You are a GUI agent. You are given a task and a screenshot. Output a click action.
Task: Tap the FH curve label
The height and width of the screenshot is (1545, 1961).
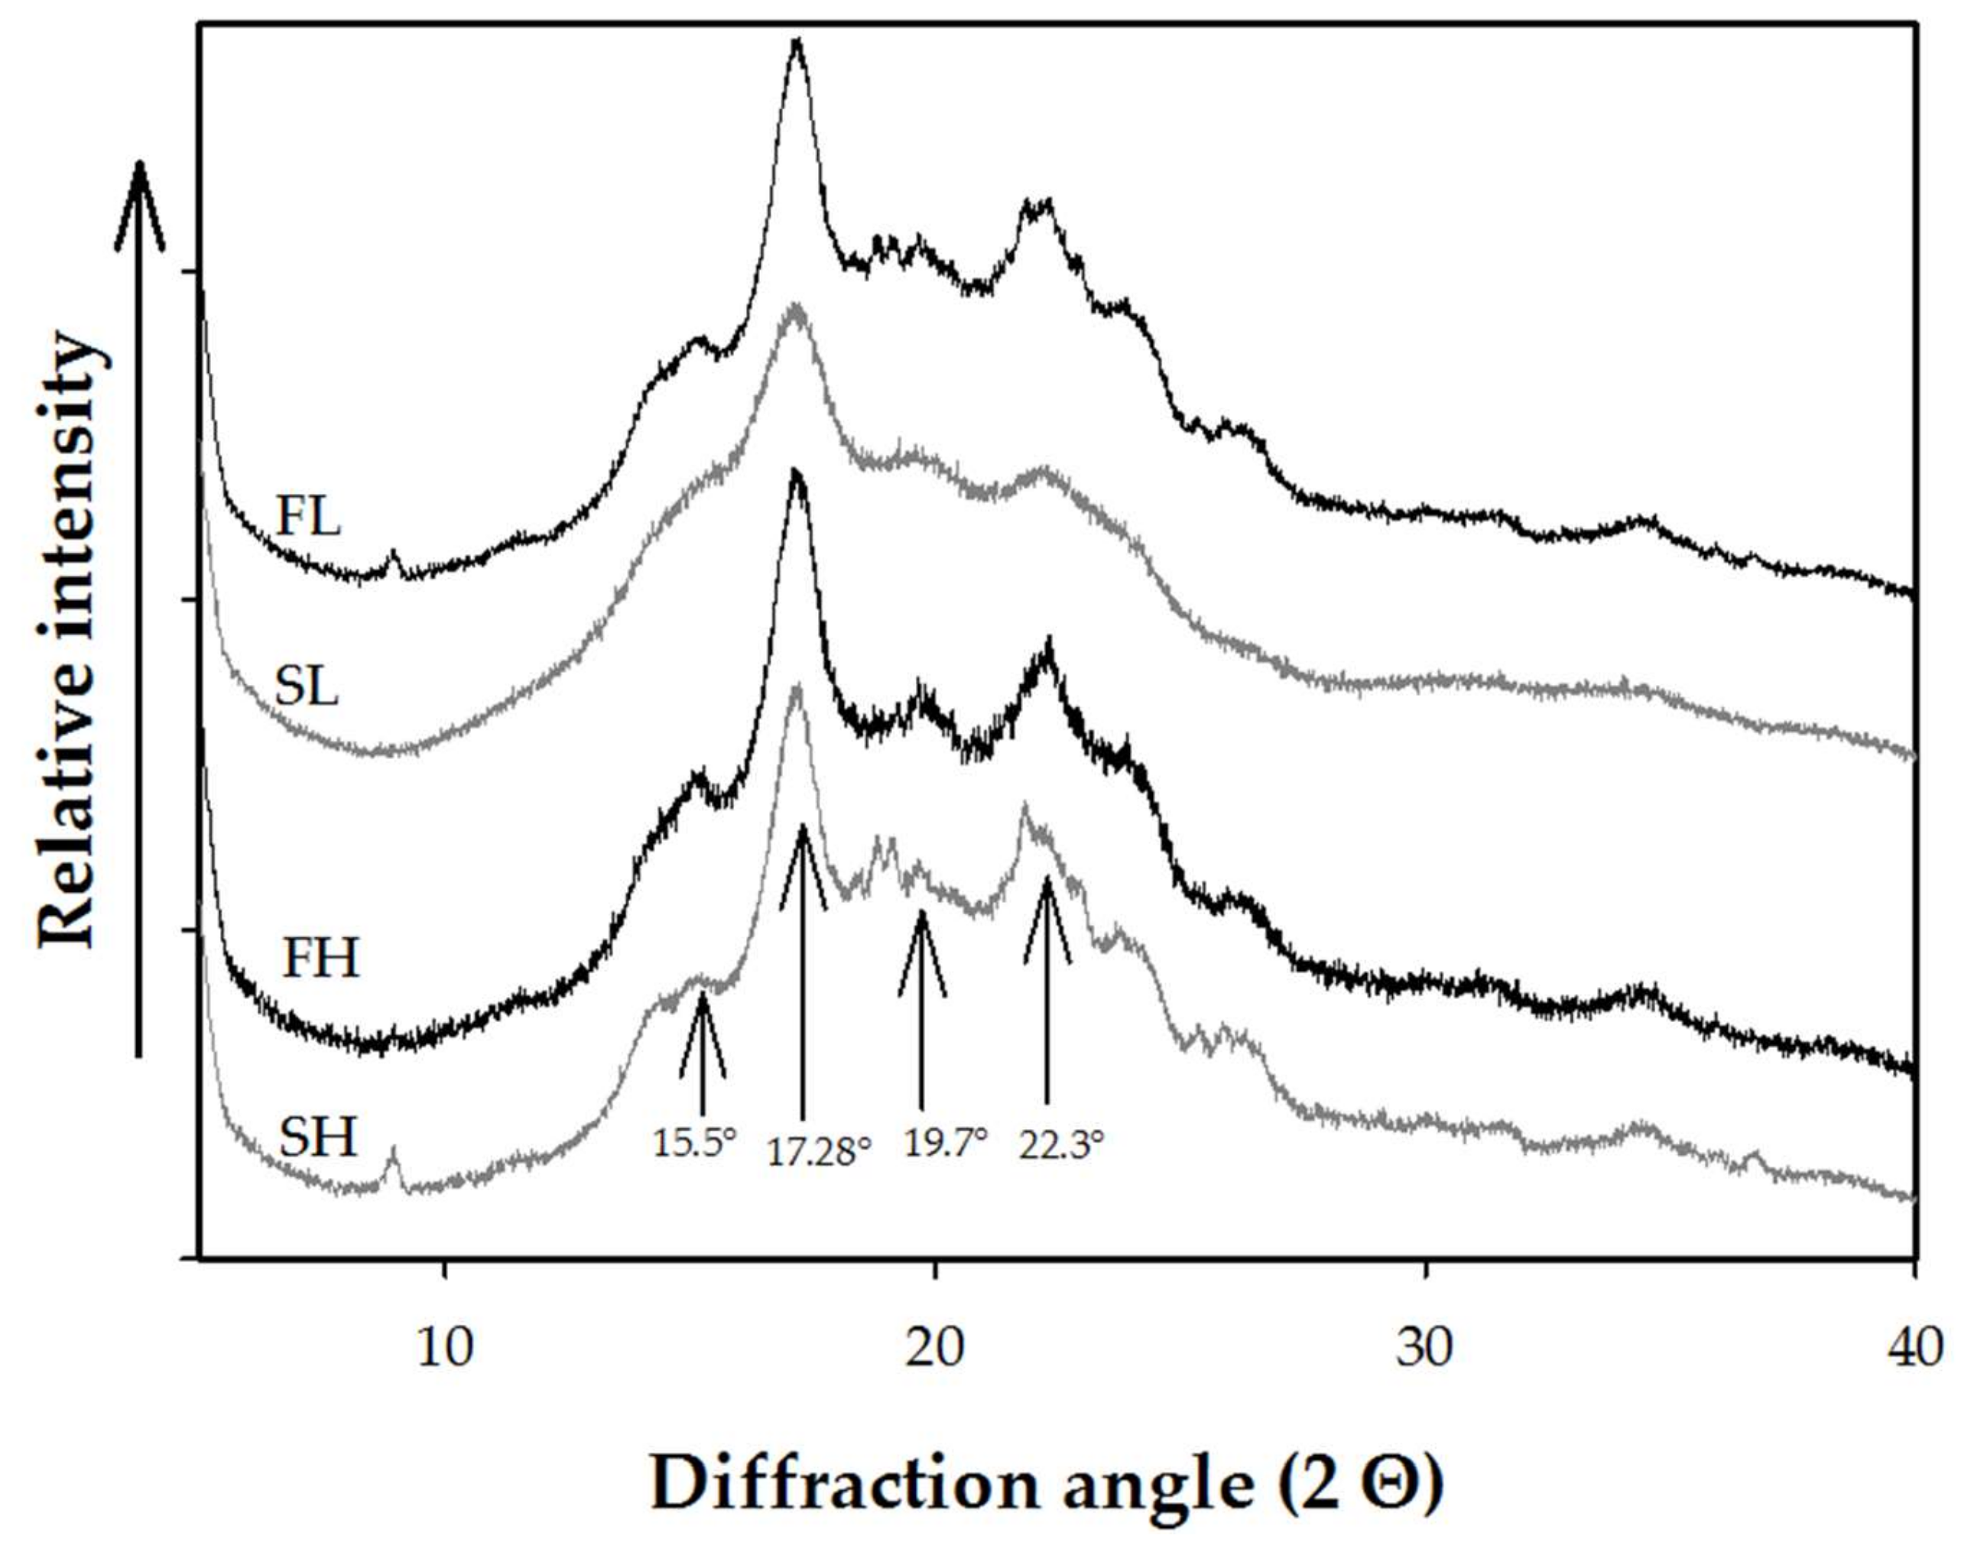(x=320, y=959)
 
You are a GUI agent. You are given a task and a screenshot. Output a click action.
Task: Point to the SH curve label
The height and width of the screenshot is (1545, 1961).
(x=317, y=1137)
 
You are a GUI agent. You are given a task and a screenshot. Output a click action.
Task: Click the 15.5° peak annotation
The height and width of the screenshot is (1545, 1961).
(x=695, y=1144)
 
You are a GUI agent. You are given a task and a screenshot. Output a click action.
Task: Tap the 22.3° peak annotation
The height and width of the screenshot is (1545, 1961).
(x=1062, y=1145)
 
